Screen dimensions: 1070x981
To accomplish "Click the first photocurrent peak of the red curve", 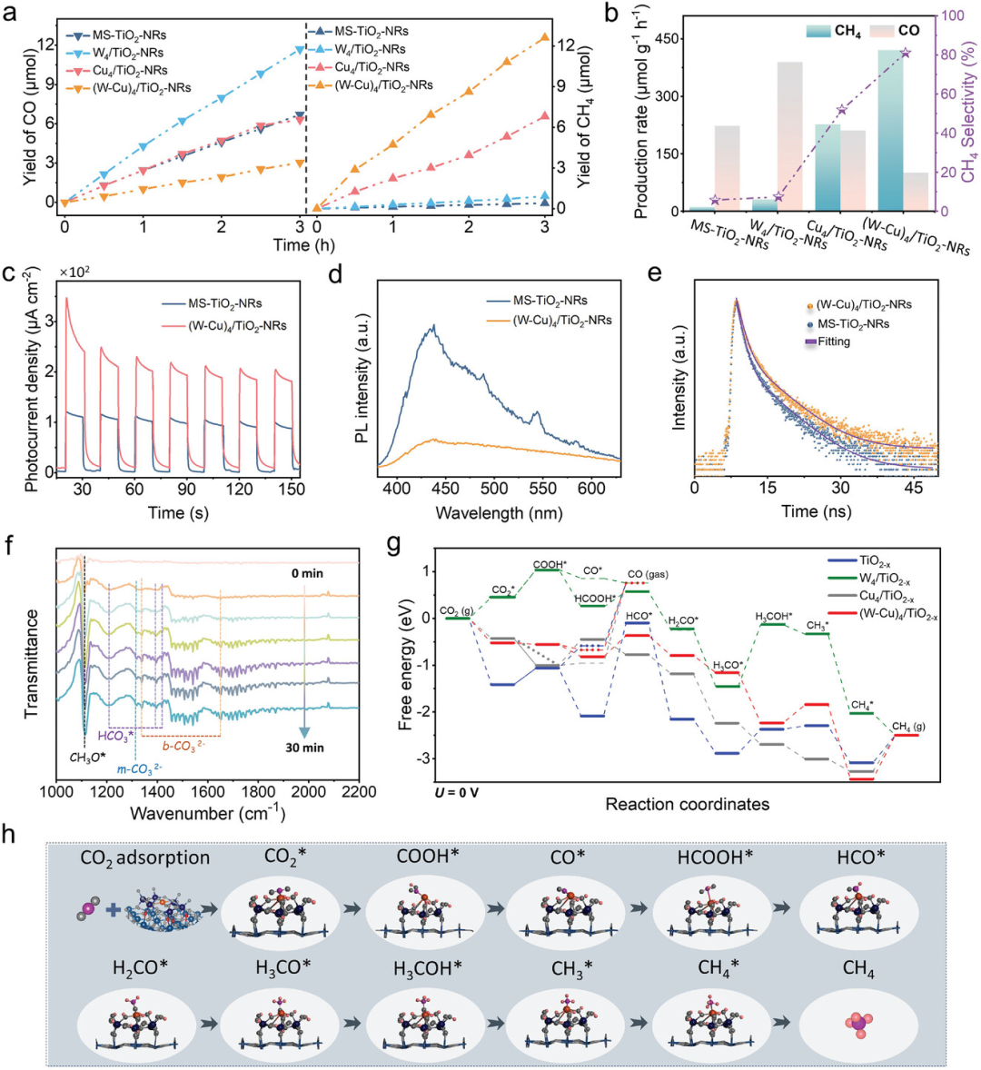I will click(66, 298).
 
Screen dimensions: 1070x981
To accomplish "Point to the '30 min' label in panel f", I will click(305, 748).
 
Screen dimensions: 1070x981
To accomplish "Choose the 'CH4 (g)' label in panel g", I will click(905, 727).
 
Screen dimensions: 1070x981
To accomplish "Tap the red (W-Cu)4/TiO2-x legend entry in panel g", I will click(879, 616).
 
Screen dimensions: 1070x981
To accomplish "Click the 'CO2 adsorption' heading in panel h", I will click(145, 857).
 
